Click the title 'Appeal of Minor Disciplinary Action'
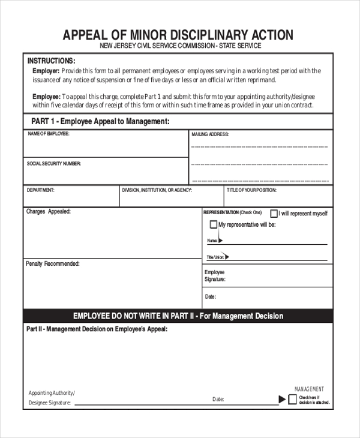[x=178, y=35]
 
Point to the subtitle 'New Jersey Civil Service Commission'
[x=180, y=46]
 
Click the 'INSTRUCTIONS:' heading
[x=51, y=61]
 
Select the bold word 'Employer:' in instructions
[x=46, y=71]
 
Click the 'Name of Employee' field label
[x=48, y=134]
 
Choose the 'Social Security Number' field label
[x=53, y=163]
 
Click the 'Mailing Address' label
[x=210, y=134]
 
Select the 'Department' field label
[x=40, y=190]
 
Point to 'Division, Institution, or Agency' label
[x=157, y=190]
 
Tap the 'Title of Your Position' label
[x=251, y=190]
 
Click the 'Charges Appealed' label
[x=48, y=211]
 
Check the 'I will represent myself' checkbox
[x=274, y=213]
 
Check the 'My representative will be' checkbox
[x=213, y=225]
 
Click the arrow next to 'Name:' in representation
[x=220, y=241]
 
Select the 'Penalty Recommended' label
[x=52, y=263]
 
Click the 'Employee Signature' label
[x=215, y=275]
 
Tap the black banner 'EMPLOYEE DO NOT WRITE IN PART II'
[x=178, y=316]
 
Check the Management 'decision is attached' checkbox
[x=292, y=400]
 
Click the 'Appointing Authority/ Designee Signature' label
[x=51, y=398]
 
